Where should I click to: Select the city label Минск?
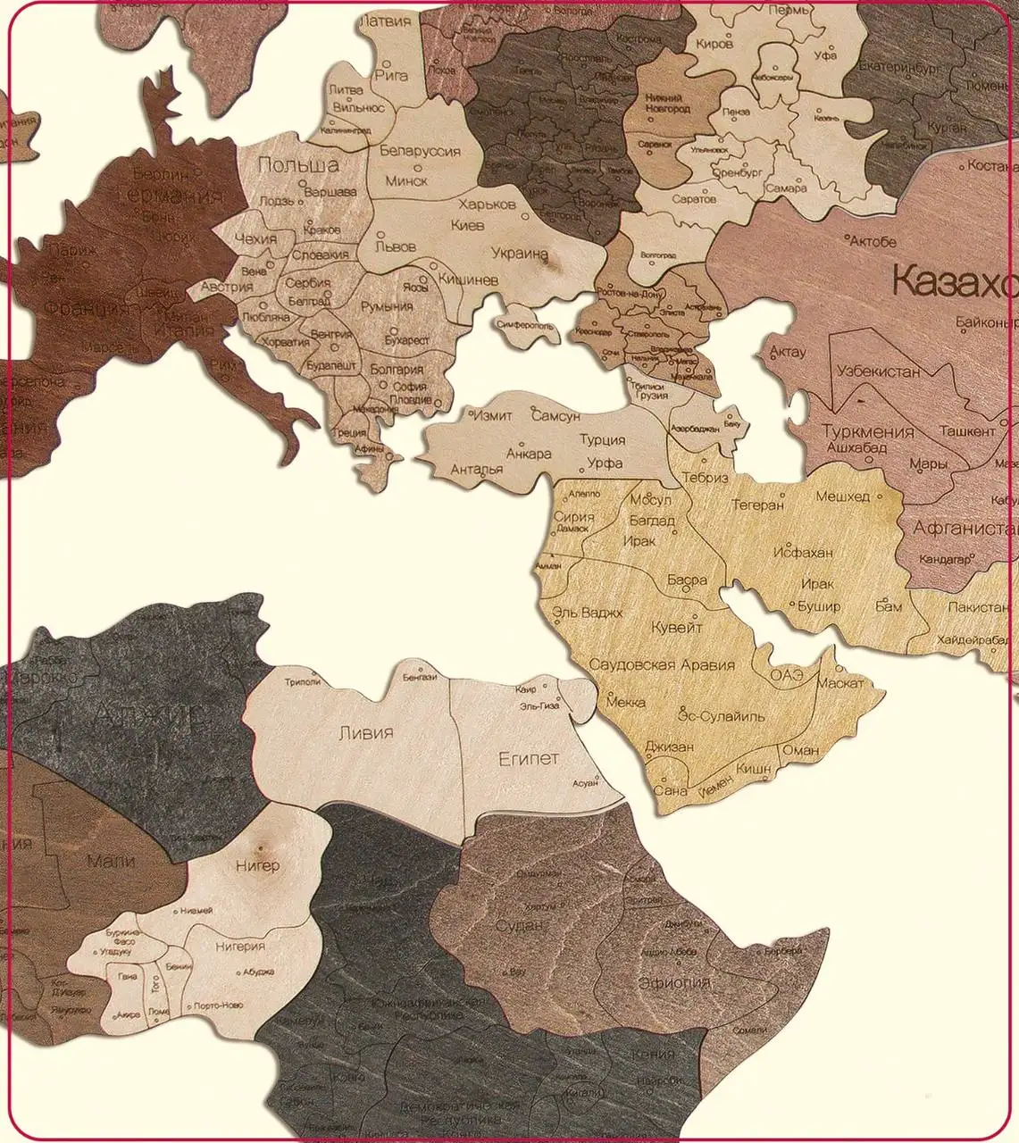(406, 180)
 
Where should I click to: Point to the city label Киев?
(468, 225)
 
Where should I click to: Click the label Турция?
(602, 440)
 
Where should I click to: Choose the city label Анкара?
(529, 454)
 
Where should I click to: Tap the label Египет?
(528, 758)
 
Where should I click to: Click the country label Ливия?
(365, 732)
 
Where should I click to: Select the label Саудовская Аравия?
(662, 664)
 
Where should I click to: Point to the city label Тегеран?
(757, 505)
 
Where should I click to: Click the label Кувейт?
(677, 627)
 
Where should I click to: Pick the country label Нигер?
(257, 864)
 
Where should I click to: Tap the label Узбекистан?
(878, 371)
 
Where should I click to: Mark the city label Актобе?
(873, 241)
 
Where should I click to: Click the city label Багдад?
(652, 521)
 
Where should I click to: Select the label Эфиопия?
(674, 982)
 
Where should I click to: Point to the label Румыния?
(386, 306)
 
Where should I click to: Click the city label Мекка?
(625, 702)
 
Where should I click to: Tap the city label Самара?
(786, 188)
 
